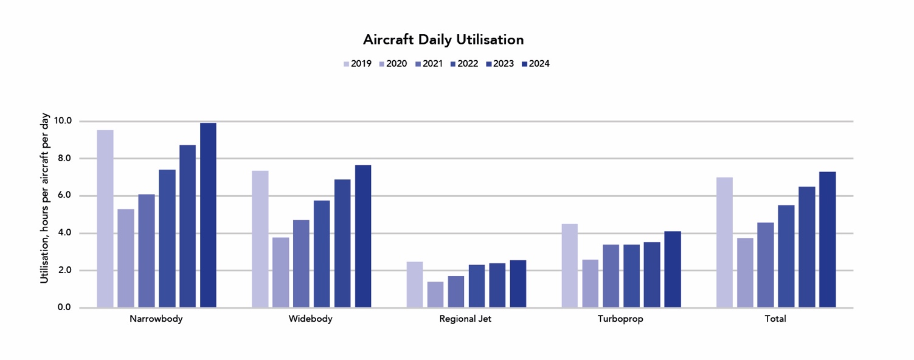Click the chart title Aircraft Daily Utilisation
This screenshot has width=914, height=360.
(x=443, y=40)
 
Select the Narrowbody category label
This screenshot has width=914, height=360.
(x=156, y=319)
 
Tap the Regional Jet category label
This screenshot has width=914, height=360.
(x=465, y=319)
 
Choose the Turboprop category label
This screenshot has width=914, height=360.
(x=620, y=319)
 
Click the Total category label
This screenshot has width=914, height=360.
(x=775, y=319)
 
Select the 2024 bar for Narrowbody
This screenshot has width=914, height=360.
(x=208, y=215)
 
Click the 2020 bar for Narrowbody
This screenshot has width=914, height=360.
(x=126, y=258)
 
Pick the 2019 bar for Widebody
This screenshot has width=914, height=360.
(x=260, y=239)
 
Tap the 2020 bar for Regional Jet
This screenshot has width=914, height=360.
(x=435, y=294)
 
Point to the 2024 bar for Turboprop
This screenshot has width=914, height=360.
(x=673, y=269)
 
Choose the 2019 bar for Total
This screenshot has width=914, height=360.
(x=724, y=243)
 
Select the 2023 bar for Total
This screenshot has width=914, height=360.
(x=807, y=247)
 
